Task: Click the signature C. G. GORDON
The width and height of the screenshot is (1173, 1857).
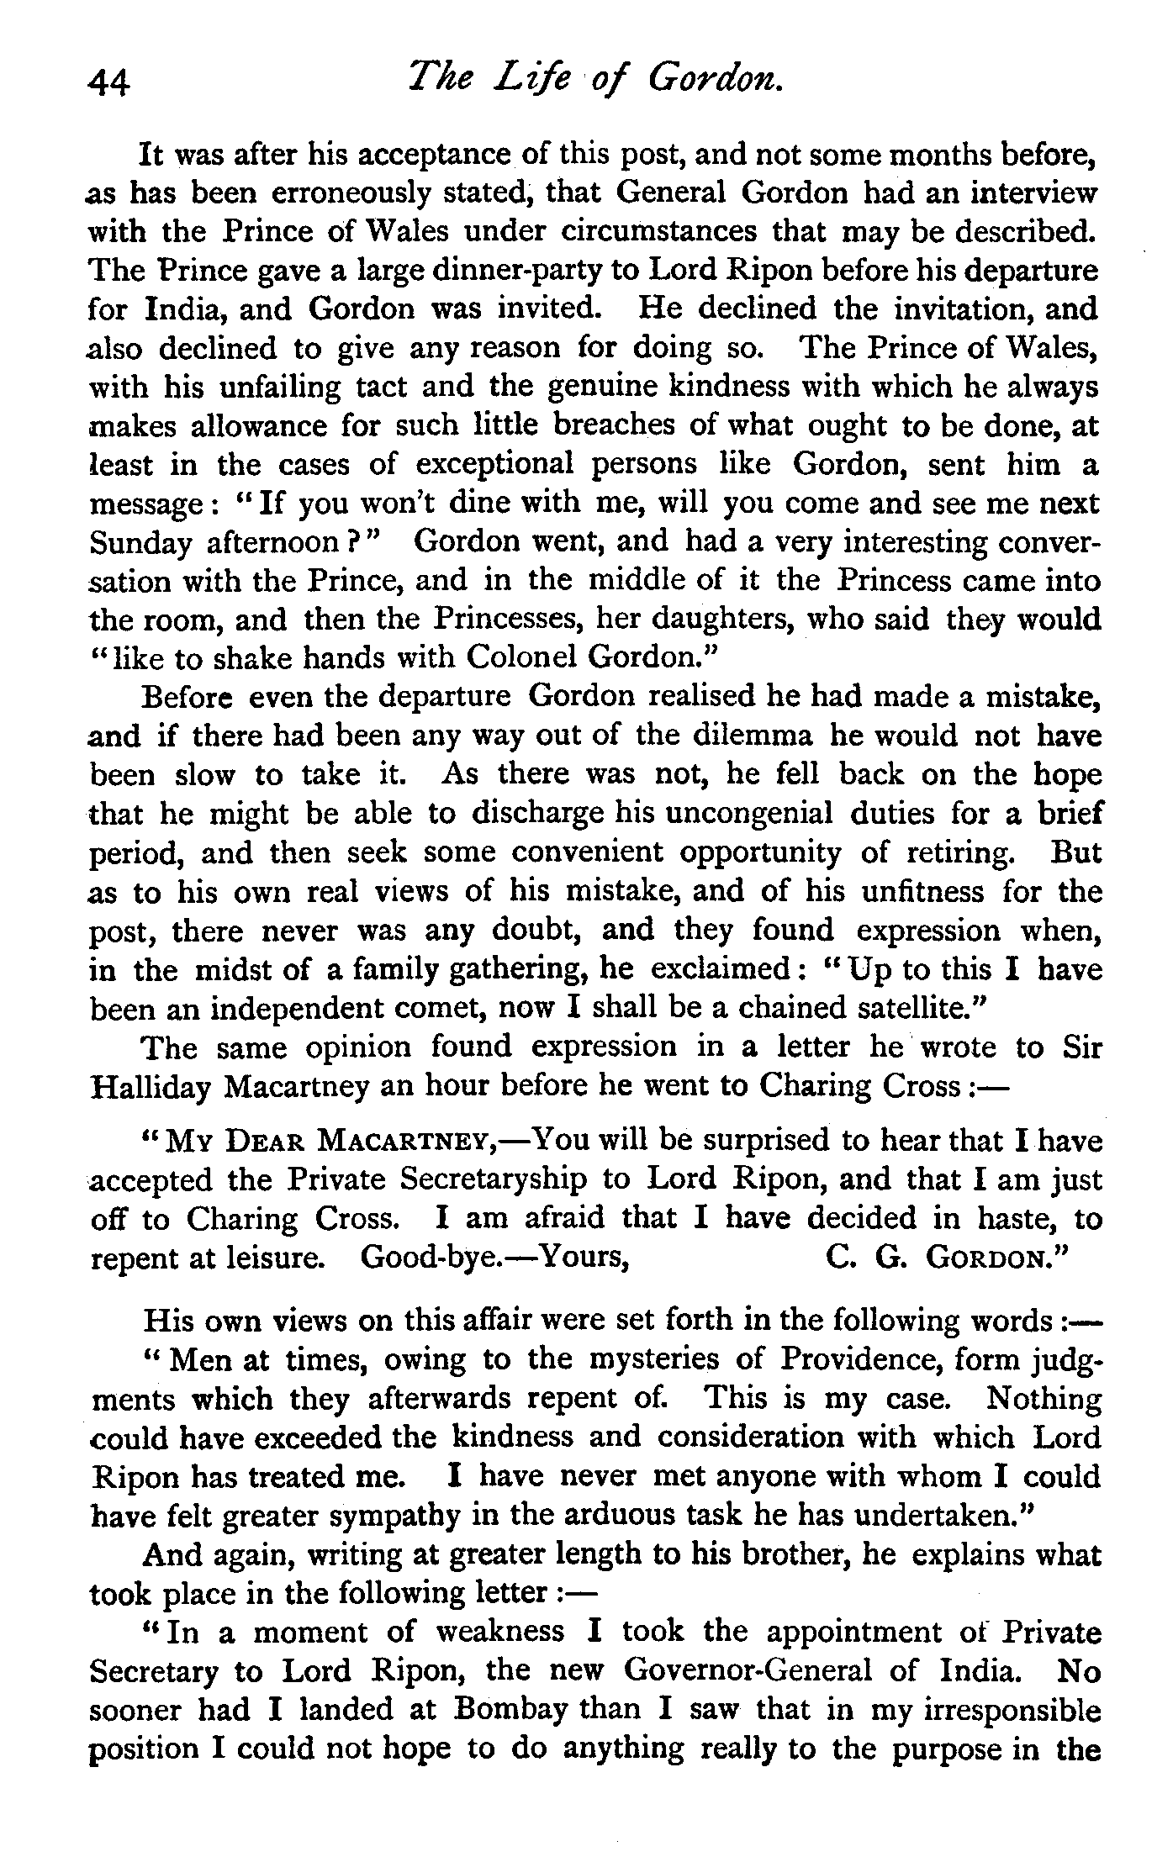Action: (945, 1258)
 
